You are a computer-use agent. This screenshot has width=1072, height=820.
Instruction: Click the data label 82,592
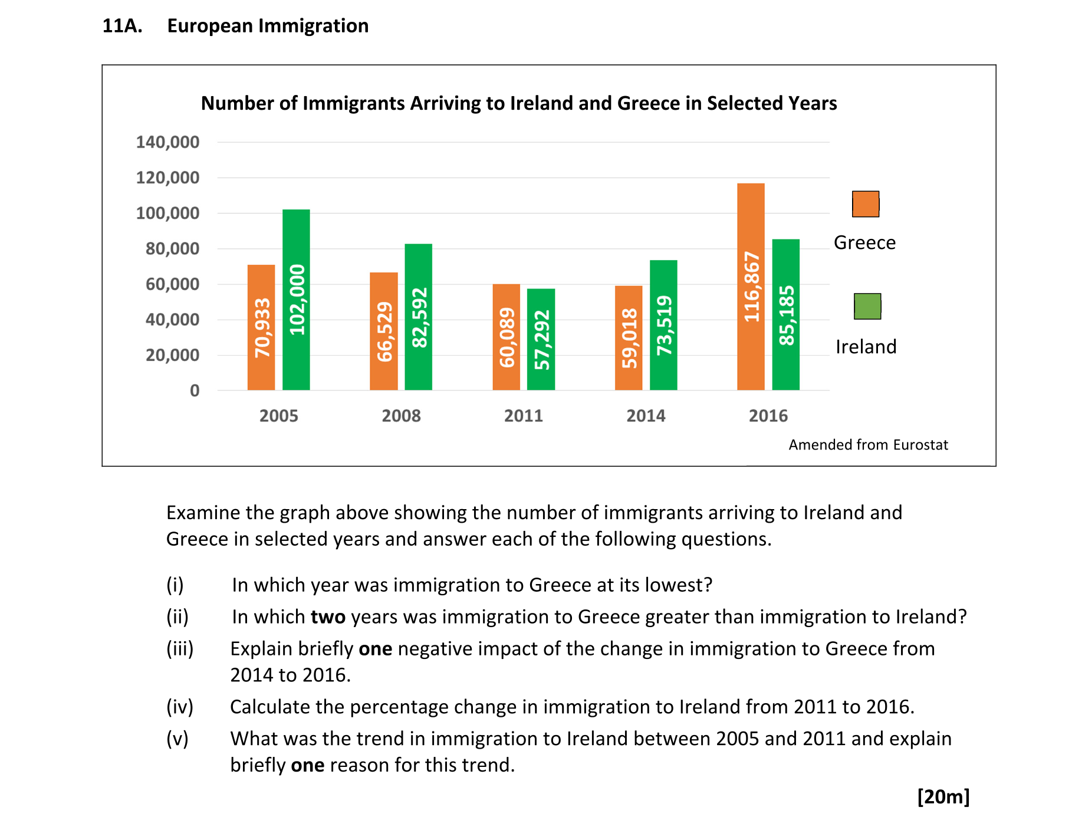[x=419, y=318]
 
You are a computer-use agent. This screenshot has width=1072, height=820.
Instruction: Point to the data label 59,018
[x=629, y=338]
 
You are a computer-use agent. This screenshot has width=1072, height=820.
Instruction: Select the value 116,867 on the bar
[x=751, y=287]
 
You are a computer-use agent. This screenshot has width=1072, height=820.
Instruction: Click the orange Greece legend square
[x=866, y=204]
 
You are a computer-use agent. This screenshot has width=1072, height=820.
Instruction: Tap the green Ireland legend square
[x=867, y=307]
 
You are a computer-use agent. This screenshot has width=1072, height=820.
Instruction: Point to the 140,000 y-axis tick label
[x=167, y=142]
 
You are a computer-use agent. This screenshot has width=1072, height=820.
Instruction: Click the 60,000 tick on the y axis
[x=172, y=284]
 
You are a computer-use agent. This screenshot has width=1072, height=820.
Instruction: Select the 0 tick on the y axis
[x=195, y=391]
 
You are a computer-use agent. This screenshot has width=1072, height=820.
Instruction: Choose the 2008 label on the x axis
[x=401, y=416]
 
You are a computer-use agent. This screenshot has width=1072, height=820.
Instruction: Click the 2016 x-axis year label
[x=768, y=416]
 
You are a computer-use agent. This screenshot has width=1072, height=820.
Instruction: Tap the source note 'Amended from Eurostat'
[x=868, y=445]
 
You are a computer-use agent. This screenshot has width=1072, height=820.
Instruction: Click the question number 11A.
[x=122, y=26]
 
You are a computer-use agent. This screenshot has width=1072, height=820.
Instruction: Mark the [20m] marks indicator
[x=943, y=796]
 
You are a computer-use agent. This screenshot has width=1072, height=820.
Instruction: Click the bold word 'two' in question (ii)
[x=328, y=617]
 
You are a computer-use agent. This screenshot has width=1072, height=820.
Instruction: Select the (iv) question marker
[x=180, y=707]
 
